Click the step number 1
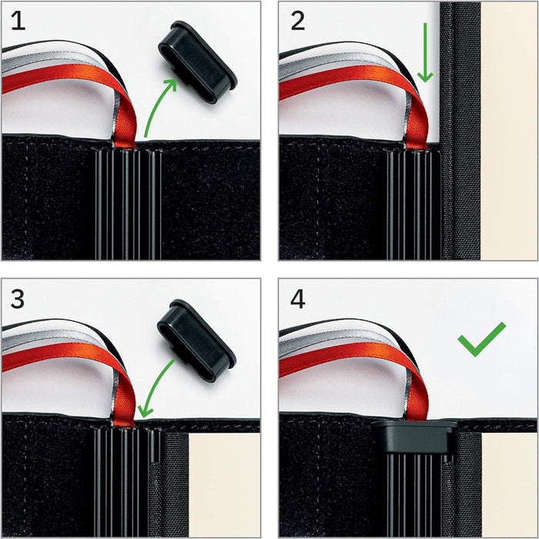18,21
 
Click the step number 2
298,21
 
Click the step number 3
18,299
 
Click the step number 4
298,299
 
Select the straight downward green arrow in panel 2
425,52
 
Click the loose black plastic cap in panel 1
198,62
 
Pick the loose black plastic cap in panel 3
196,340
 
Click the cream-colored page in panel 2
509,131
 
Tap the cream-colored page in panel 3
224,484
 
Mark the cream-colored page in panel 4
509,484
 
